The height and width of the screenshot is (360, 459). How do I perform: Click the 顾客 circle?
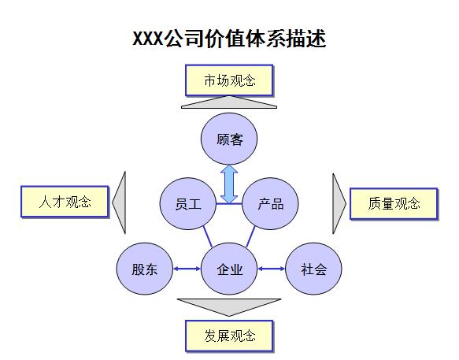[x=229, y=140]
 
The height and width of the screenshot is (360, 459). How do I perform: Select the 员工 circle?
[x=188, y=203]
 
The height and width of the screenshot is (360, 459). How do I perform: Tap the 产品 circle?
[x=270, y=203]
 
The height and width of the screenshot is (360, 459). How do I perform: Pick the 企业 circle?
[x=230, y=269]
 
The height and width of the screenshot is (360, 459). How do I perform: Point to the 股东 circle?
[x=144, y=269]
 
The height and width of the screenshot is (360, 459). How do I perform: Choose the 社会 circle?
[x=313, y=269]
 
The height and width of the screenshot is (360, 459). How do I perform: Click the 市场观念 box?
[x=229, y=80]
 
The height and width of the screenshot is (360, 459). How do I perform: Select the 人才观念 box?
[x=65, y=202]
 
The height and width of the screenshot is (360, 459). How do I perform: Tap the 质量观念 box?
[x=393, y=203]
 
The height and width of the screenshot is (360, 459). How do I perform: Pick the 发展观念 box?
[x=230, y=336]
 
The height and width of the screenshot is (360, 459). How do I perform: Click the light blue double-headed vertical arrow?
[x=229, y=183]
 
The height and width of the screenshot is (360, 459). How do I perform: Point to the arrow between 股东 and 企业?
[x=187, y=269]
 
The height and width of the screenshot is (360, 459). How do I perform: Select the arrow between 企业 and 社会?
[x=271, y=269]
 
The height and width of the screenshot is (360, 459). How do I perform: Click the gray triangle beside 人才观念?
[x=120, y=202]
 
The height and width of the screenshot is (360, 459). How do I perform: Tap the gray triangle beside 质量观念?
[x=339, y=202]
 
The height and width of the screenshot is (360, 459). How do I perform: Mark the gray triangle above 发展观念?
[x=229, y=306]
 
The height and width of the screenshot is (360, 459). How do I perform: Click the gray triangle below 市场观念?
[x=229, y=102]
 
